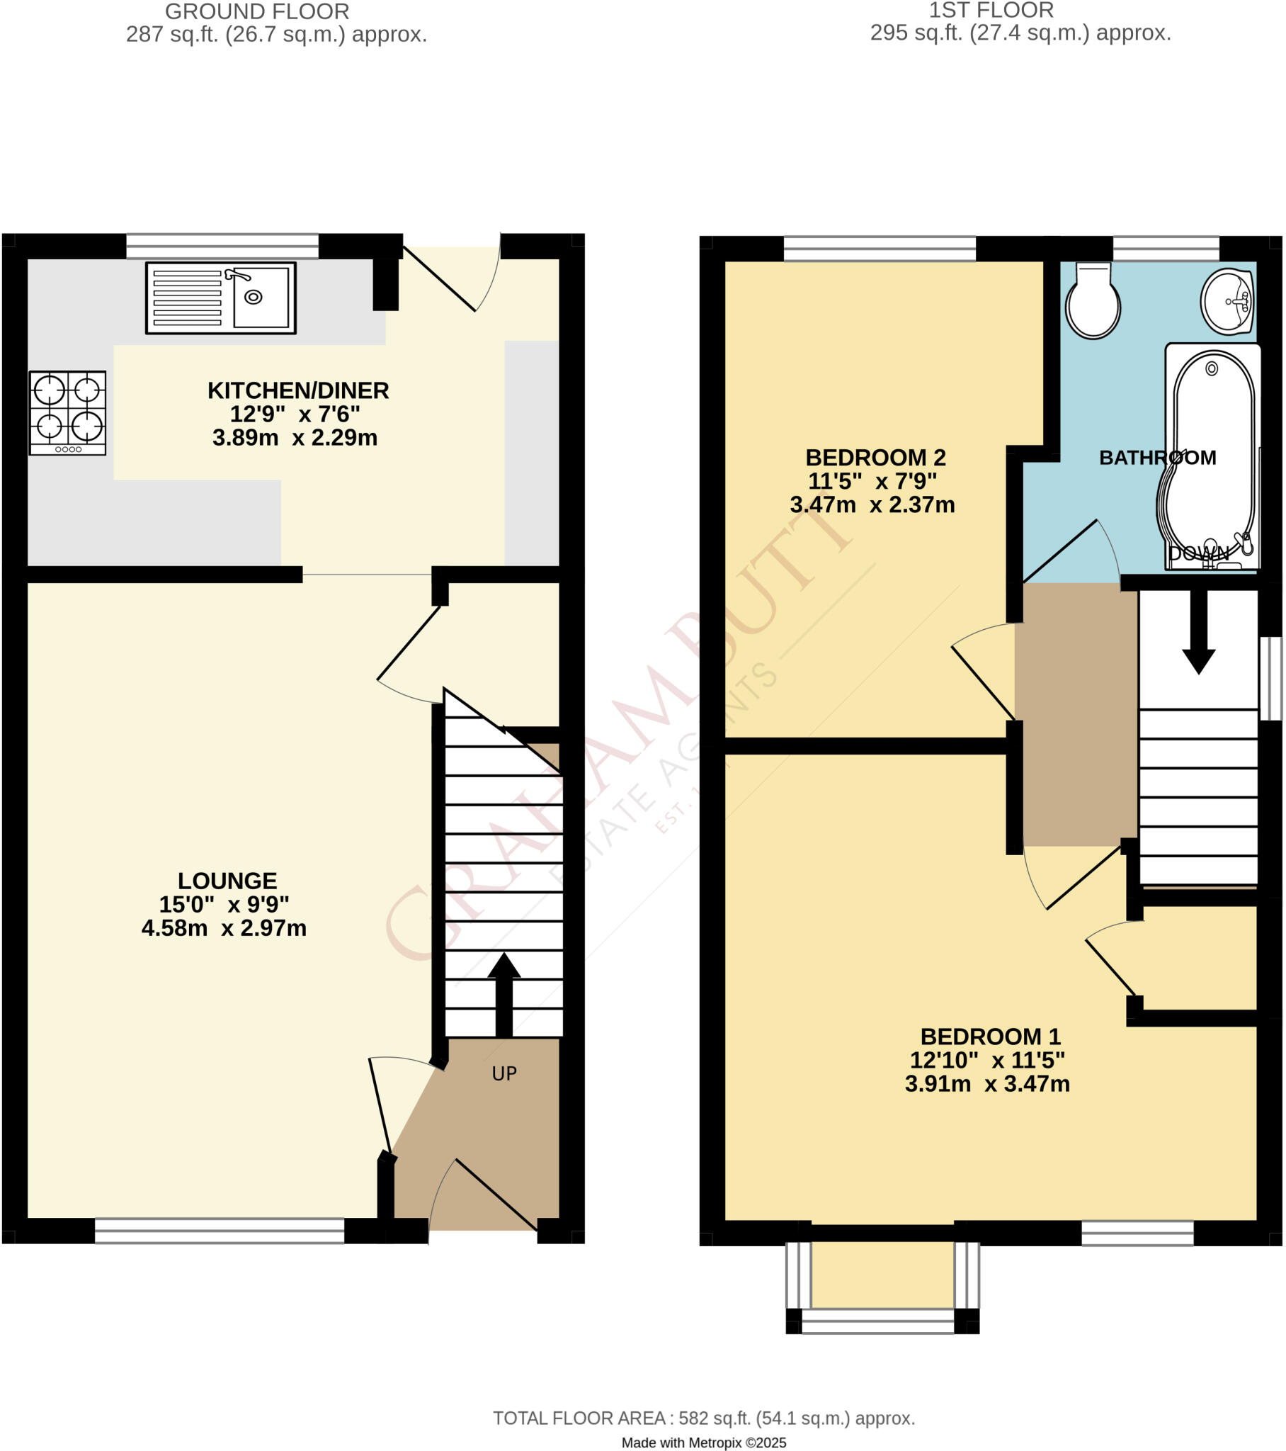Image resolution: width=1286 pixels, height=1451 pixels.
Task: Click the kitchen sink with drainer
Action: pos(221,298)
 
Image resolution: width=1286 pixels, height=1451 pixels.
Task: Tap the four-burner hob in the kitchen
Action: pos(67,412)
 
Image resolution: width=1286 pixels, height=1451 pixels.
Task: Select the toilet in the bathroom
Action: pos(1092,301)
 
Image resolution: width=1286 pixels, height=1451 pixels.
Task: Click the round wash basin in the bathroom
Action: pos(1227,300)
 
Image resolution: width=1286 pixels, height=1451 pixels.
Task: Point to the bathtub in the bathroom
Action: pos(1212,458)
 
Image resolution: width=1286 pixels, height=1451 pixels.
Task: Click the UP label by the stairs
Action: pos(504,1073)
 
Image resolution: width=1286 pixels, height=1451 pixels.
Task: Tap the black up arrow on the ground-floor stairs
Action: pos(504,994)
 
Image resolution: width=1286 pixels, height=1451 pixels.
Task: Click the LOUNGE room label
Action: pos(227,881)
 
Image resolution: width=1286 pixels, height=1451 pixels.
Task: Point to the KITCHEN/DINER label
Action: pos(298,390)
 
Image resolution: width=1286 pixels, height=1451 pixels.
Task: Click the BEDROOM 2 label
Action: pos(876,457)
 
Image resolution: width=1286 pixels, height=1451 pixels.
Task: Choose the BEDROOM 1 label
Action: pos(990,1037)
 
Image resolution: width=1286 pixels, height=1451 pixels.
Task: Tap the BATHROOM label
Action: pos(1158,458)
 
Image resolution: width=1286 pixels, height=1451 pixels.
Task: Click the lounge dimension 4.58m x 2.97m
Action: pos(224,928)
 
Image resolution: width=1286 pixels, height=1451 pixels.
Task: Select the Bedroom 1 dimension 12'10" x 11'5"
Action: pos(987,1060)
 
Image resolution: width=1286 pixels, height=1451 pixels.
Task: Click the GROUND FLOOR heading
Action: pos(257,12)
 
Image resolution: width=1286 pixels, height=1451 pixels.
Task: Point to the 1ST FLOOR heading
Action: pos(991,11)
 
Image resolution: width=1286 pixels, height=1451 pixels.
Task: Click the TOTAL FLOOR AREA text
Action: pos(703,1418)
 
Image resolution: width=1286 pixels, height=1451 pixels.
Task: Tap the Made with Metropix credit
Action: pos(703,1442)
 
